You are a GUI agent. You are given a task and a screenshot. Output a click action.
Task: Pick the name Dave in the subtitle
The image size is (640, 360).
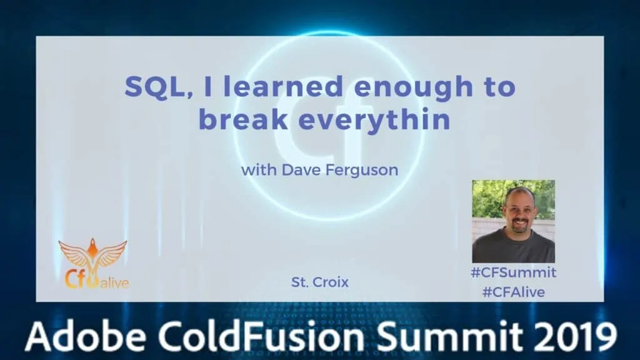pyautogui.click(x=300, y=170)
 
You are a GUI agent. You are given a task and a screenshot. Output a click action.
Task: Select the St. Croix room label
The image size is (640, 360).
pyautogui.click(x=320, y=282)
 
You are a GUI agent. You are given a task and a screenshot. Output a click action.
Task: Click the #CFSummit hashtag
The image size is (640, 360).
pyautogui.click(x=514, y=272)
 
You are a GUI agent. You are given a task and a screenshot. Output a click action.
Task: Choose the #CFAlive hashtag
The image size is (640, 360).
pyautogui.click(x=514, y=292)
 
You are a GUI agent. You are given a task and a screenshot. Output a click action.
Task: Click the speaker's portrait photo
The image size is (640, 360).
pyautogui.click(x=514, y=221)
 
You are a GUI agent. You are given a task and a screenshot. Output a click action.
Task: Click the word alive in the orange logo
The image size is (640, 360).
pyautogui.click(x=115, y=282)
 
